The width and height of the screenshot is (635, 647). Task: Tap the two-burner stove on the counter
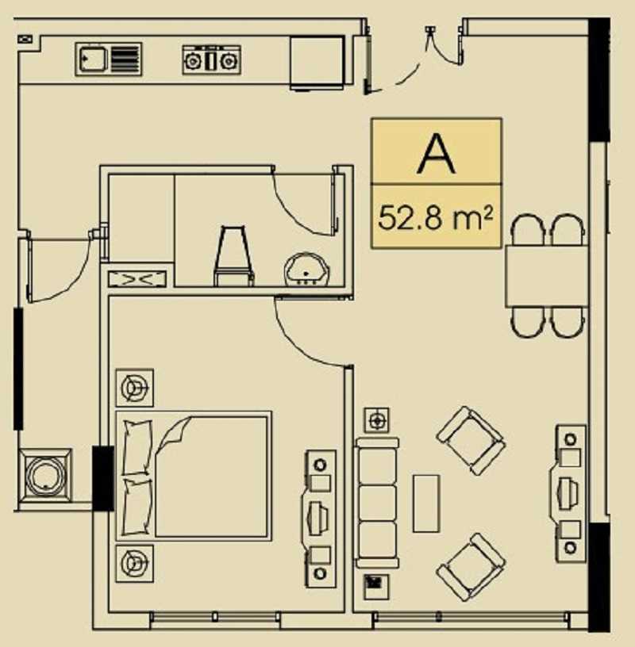coord(211,59)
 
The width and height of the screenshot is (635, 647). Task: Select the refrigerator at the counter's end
coord(317,63)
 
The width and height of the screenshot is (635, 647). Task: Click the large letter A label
coord(437,155)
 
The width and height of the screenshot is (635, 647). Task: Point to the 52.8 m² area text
coord(436,218)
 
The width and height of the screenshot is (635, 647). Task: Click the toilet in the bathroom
coord(233,256)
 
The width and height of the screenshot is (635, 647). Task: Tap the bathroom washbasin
coord(307,270)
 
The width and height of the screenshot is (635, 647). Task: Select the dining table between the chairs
coord(547,276)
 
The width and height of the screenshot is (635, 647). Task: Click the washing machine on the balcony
coord(45,476)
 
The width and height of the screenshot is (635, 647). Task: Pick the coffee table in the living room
coord(426,503)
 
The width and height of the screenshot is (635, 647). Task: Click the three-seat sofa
coord(377,503)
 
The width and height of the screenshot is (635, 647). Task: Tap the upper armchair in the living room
coord(471,441)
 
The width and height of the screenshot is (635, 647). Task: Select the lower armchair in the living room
coord(471,567)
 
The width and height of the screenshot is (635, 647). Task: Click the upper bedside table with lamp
coord(135,388)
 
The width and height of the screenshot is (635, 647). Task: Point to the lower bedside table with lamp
coord(135,563)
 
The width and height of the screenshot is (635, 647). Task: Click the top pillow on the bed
coord(137,447)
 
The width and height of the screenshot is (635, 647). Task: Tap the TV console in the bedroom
coord(318,519)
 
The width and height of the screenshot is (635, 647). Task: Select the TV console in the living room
coord(568,493)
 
